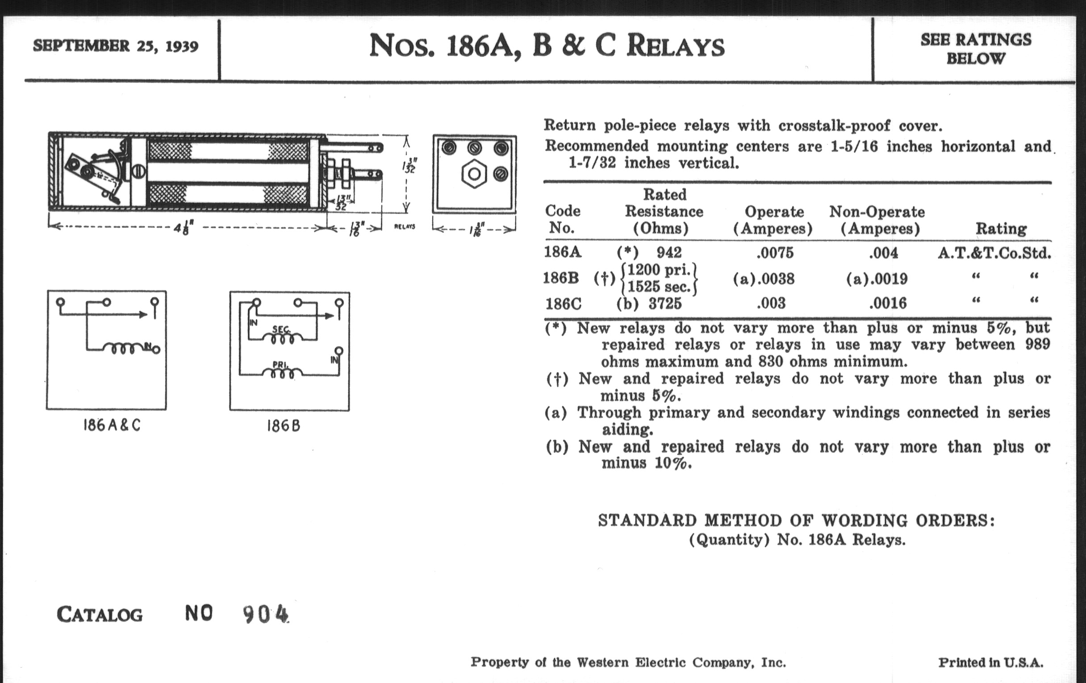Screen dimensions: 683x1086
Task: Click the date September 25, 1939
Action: click(x=116, y=46)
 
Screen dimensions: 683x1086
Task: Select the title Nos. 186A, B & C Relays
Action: click(x=547, y=46)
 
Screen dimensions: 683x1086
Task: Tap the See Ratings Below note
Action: click(x=976, y=49)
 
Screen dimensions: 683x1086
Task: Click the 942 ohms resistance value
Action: click(x=669, y=253)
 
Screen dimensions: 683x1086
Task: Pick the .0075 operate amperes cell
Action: click(x=775, y=253)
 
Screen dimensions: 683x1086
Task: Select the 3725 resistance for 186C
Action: click(x=665, y=304)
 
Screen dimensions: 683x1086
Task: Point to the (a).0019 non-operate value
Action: click(x=877, y=279)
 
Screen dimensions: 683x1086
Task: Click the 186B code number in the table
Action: click(x=560, y=278)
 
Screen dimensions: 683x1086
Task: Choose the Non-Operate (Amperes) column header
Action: click(x=877, y=220)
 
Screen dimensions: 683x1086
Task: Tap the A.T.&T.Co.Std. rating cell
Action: click(x=994, y=253)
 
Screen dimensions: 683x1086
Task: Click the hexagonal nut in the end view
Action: click(x=473, y=174)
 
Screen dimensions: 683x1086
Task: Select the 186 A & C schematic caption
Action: click(x=112, y=425)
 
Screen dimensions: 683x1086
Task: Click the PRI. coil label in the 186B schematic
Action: click(x=280, y=364)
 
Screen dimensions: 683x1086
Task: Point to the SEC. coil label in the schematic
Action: click(x=281, y=329)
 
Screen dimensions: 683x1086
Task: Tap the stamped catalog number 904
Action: click(x=265, y=614)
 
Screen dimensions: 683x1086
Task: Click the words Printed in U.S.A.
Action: click(x=991, y=662)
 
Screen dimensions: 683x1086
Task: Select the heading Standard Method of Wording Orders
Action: click(x=796, y=521)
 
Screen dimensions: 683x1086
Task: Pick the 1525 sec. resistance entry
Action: click(x=659, y=286)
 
